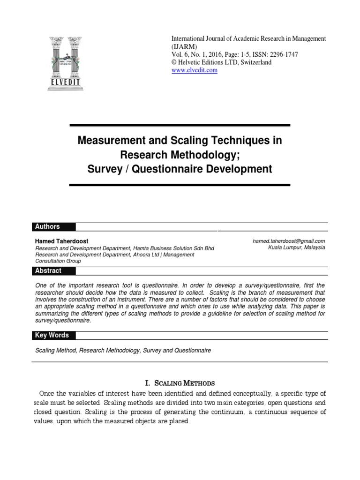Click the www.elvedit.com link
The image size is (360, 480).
[195, 70]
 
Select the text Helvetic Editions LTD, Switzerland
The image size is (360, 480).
[228, 62]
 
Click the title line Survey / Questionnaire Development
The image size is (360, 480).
[180, 169]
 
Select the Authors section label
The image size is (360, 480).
[47, 227]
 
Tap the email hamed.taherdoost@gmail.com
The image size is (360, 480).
[289, 241]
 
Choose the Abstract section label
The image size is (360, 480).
[48, 271]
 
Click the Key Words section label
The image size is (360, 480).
[52, 336]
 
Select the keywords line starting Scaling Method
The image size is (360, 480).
[123, 350]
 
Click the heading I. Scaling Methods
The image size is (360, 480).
[180, 383]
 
